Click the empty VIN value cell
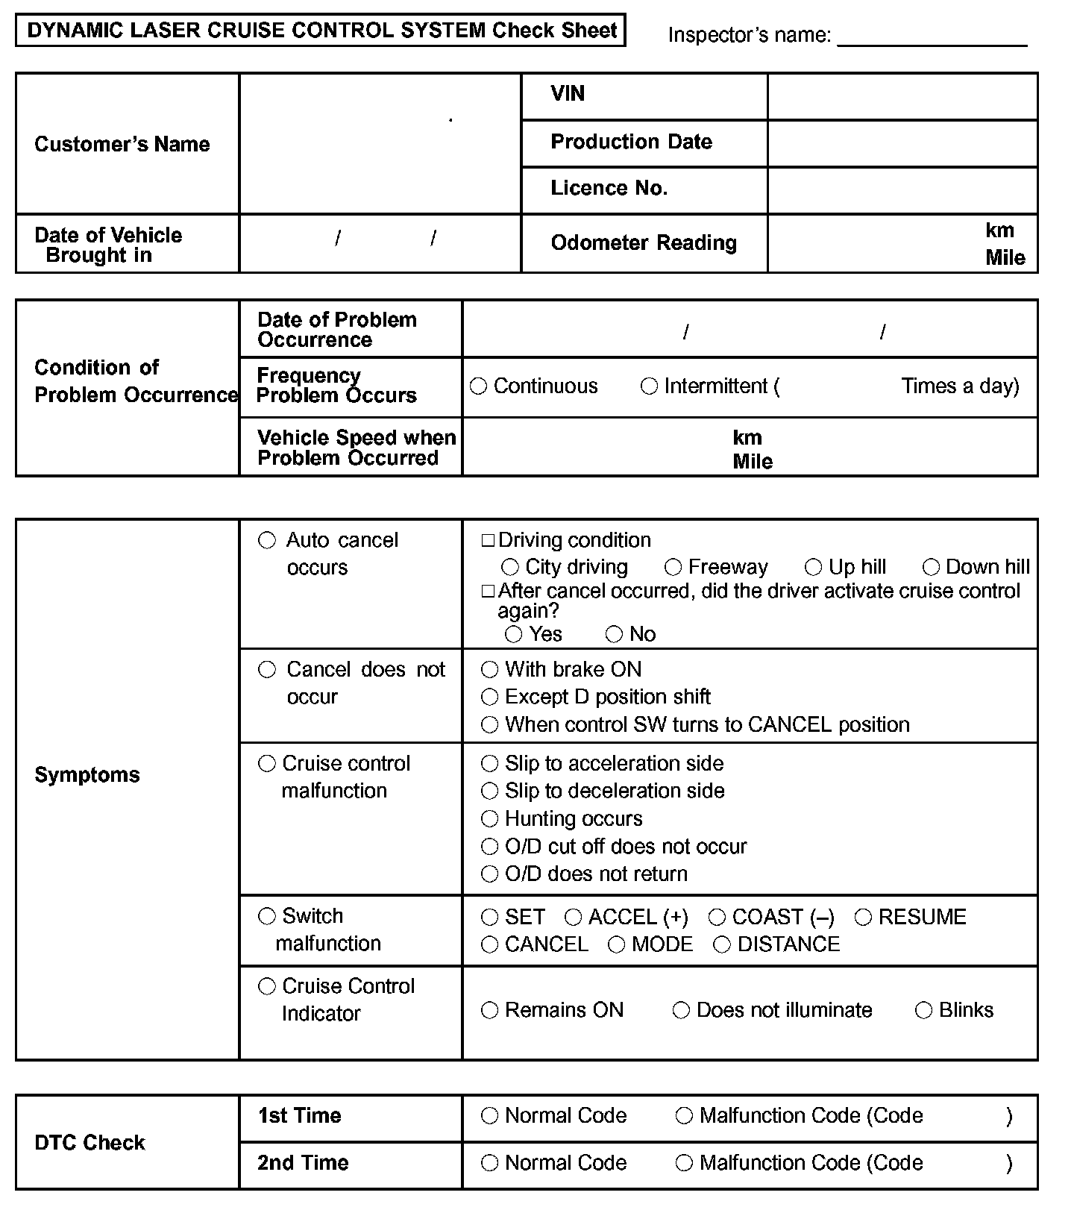pyautogui.click(x=902, y=96)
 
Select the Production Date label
pyautogui.click(x=631, y=142)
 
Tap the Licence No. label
pyautogui.click(x=609, y=188)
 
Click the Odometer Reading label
pyautogui.click(x=644, y=242)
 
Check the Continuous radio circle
pyautogui.click(x=479, y=386)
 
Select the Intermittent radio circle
pyautogui.click(x=650, y=386)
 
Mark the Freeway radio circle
pyautogui.click(x=673, y=568)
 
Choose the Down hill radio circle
pyautogui.click(x=931, y=568)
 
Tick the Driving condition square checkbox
pyautogui.click(x=488, y=541)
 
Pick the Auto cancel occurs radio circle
pyautogui.click(x=267, y=541)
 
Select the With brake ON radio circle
pyautogui.click(x=489, y=670)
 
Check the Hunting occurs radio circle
pyautogui.click(x=489, y=819)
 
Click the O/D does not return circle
pyautogui.click(x=489, y=874)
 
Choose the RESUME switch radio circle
pyautogui.click(x=863, y=918)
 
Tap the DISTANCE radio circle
pyautogui.click(x=722, y=945)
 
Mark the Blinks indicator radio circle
pyautogui.click(x=923, y=1011)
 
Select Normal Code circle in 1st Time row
pyautogui.click(x=489, y=1116)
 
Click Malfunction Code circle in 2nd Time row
pyautogui.click(x=684, y=1163)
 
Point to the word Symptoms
pyautogui.click(x=87, y=775)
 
